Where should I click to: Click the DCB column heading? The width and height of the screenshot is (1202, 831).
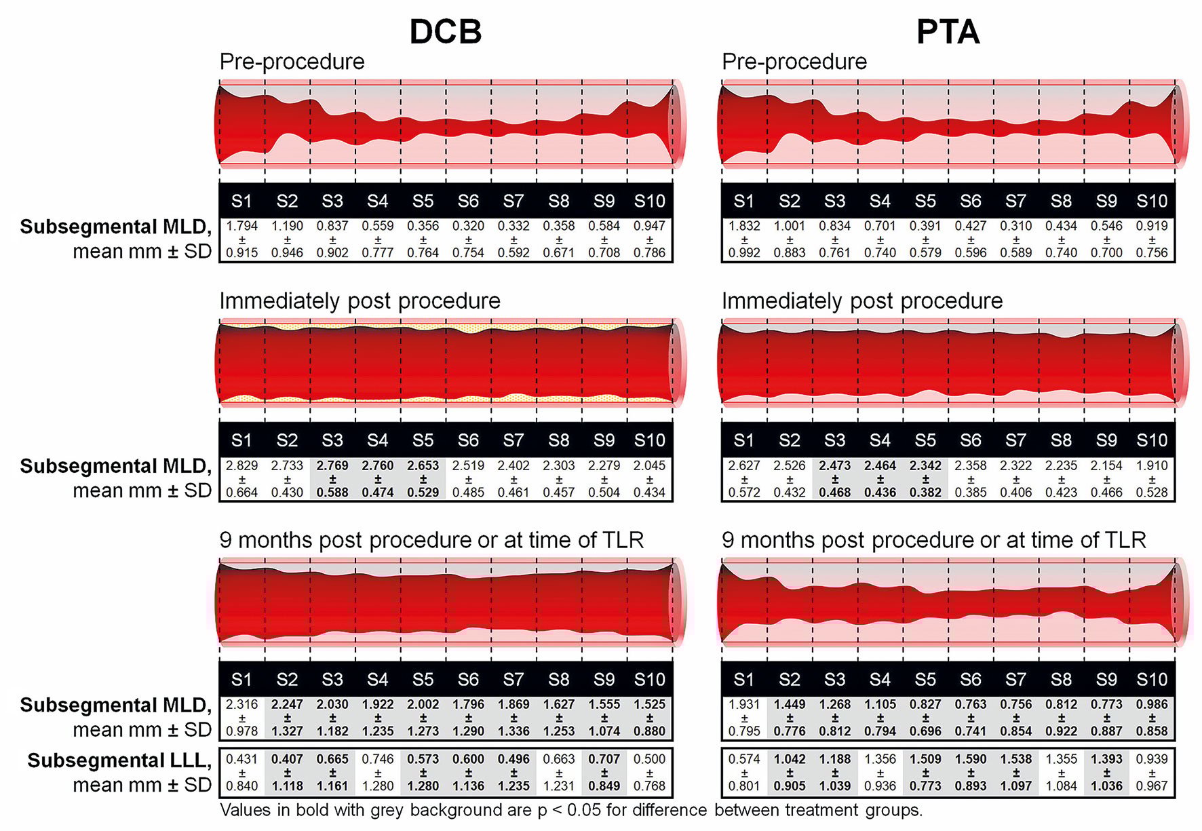tap(446, 32)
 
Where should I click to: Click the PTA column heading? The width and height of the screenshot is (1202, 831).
tap(948, 32)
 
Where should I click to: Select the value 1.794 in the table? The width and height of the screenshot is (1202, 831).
tap(241, 226)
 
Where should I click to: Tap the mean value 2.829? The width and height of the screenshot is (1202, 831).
tap(241, 465)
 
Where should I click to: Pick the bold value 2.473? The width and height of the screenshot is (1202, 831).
tap(834, 465)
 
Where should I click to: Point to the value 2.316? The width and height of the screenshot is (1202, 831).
tap(241, 705)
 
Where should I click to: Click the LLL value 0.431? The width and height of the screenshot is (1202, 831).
tap(241, 759)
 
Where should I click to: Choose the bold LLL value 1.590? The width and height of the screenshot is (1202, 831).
tap(970, 759)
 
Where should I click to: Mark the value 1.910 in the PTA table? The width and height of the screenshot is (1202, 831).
tap(1152, 465)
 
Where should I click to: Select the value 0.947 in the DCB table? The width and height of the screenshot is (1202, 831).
tap(649, 226)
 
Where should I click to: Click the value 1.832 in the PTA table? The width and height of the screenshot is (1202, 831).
tap(744, 226)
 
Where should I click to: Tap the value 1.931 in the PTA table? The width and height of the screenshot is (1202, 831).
tap(744, 705)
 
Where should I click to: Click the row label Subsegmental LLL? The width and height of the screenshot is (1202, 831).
tap(119, 761)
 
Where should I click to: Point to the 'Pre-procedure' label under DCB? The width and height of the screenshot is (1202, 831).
tap(292, 62)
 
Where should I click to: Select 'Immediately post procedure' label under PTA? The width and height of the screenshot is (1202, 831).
tap(861, 301)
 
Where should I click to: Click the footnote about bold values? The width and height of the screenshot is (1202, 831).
tap(570, 810)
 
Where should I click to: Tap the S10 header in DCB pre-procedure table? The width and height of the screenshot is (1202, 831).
tap(649, 201)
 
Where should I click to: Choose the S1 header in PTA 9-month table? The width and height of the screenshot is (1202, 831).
tap(744, 680)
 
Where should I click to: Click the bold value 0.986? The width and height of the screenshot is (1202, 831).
tap(1152, 705)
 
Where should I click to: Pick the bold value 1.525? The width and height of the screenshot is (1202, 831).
tap(649, 705)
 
